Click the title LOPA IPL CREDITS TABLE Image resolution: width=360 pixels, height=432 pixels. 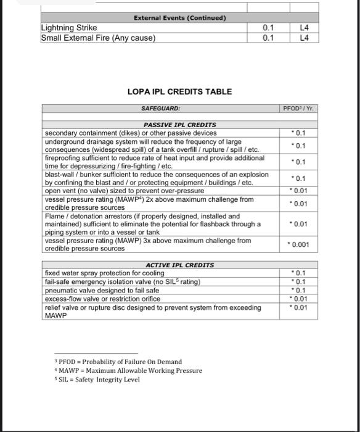179,91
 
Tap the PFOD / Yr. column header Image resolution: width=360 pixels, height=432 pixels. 298,109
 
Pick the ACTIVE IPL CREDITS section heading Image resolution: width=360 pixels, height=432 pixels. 179,265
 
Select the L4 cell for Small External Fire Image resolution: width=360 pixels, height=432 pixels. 303,38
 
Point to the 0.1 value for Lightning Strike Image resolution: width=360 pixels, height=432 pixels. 268,28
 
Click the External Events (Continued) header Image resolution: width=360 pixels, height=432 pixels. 179,18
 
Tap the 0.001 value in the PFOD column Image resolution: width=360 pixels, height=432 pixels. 299,244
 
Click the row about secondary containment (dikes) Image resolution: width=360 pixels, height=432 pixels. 130,133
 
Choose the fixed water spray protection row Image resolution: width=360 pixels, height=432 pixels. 104,273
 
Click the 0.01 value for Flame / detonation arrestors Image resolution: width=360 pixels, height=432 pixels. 299,224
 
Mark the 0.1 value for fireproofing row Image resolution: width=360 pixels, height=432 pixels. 299,162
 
